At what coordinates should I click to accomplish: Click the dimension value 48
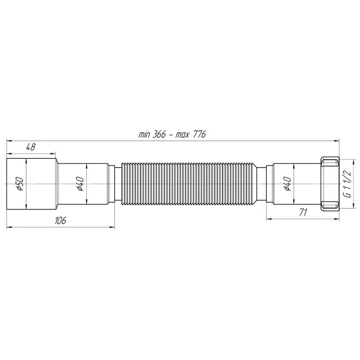[x=31, y=147]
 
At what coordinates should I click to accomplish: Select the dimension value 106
[x=60, y=220]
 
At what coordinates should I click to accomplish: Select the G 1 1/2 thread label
[x=347, y=184]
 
